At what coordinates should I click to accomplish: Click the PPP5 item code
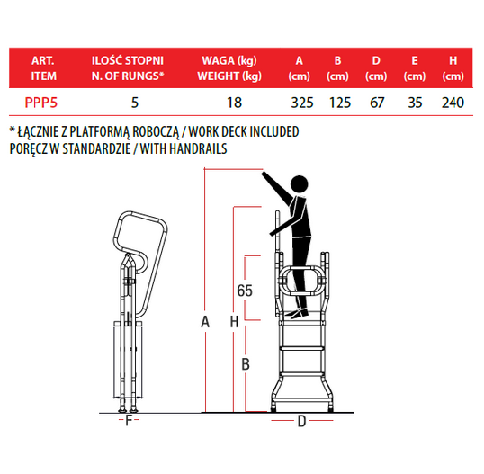pyautogui.click(x=41, y=103)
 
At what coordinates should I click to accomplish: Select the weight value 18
pyautogui.click(x=234, y=103)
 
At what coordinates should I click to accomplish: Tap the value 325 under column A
pyautogui.click(x=302, y=103)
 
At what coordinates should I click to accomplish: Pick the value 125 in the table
pyautogui.click(x=340, y=103)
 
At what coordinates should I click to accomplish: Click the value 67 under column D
pyautogui.click(x=377, y=103)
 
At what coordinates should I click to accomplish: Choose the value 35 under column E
pyautogui.click(x=415, y=103)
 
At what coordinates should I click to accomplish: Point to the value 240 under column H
pyautogui.click(x=453, y=103)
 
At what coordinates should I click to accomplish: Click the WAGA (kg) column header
pyautogui.click(x=229, y=61)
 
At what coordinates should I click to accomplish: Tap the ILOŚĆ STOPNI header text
pyautogui.click(x=128, y=60)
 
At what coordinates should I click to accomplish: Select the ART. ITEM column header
pyautogui.click(x=43, y=68)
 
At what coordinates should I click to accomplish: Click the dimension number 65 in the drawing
pyautogui.click(x=245, y=291)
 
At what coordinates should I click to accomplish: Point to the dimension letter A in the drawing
pyautogui.click(x=205, y=322)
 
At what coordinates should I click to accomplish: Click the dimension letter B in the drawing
pyautogui.click(x=246, y=364)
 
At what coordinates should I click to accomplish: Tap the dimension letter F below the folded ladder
pyautogui.click(x=129, y=420)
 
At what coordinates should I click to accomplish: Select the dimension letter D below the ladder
pyautogui.click(x=301, y=421)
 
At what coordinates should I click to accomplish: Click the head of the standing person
pyautogui.click(x=299, y=184)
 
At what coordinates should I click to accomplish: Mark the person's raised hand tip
pyautogui.click(x=263, y=174)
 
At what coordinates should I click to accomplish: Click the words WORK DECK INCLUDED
pyautogui.click(x=244, y=132)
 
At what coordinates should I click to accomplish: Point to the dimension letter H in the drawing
pyautogui.click(x=234, y=322)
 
